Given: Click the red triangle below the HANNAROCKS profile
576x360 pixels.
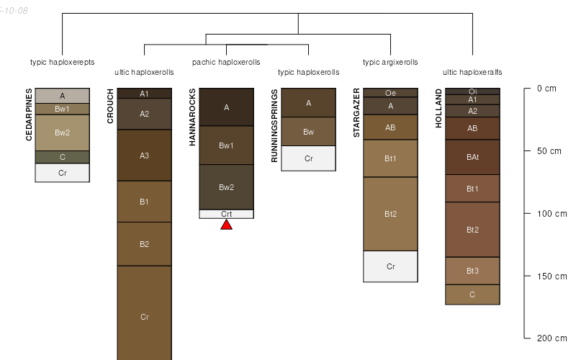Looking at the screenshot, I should (226, 225).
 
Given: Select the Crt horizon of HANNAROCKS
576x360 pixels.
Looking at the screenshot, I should (226, 214).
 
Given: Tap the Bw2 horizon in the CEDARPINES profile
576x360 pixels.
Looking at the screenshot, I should (62, 132).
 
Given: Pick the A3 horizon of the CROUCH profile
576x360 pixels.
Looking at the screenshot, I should (144, 156).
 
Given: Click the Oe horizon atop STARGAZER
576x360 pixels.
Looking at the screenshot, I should (390, 93).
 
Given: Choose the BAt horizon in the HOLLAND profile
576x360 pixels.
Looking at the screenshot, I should (472, 157).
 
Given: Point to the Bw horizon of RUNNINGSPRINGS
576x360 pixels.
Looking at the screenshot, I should (308, 132).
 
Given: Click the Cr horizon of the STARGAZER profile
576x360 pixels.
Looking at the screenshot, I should (390, 266).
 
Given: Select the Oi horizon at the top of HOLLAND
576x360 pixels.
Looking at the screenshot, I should (472, 91).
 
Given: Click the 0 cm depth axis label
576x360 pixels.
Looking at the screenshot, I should (547, 89).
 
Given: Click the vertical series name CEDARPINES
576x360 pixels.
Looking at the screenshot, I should (30, 114).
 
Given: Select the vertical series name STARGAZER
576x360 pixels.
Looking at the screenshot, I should (357, 107).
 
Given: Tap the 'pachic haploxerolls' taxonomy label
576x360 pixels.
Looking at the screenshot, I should (226, 63).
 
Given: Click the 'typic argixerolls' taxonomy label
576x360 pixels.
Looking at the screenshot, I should (390, 63).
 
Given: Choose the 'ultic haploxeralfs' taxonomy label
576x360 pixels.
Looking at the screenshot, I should (472, 73).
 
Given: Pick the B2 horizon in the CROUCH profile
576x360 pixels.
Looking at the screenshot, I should (144, 244).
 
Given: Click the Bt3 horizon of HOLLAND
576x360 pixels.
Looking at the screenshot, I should (472, 271).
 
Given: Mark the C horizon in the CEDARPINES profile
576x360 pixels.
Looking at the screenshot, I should (62, 157).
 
